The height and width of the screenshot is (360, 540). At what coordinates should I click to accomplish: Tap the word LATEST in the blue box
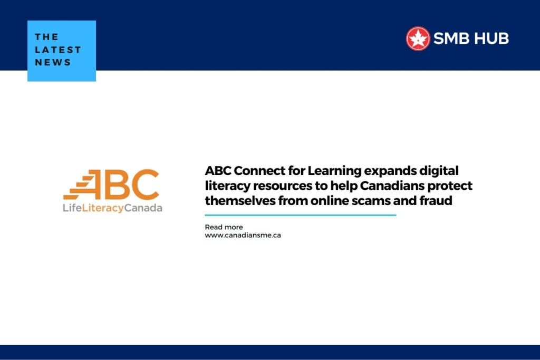[58, 50]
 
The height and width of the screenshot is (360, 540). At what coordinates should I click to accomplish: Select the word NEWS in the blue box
[53, 62]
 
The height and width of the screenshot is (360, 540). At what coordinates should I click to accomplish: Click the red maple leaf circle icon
[418, 38]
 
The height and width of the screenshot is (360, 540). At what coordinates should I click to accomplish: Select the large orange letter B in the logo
[117, 184]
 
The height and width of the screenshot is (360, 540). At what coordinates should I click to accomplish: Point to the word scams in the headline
[374, 200]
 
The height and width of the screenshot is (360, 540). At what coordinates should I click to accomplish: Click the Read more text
[224, 227]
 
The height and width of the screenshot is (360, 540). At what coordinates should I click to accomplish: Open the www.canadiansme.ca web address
[243, 235]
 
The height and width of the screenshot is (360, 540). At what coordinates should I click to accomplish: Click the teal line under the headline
[300, 215]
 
